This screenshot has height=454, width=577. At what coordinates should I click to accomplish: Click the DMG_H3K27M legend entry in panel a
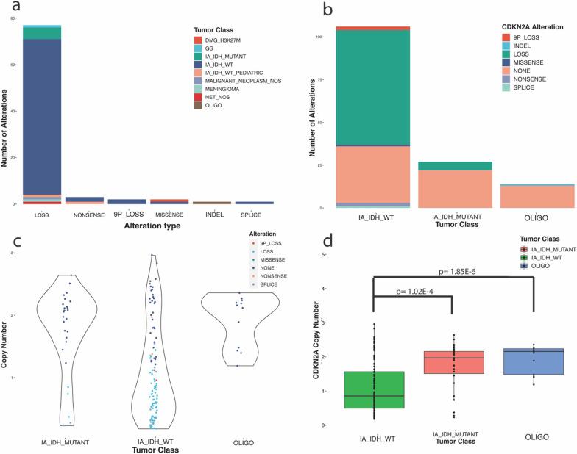tap(220, 39)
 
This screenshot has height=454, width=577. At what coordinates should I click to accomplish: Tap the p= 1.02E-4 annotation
tap(414, 291)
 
